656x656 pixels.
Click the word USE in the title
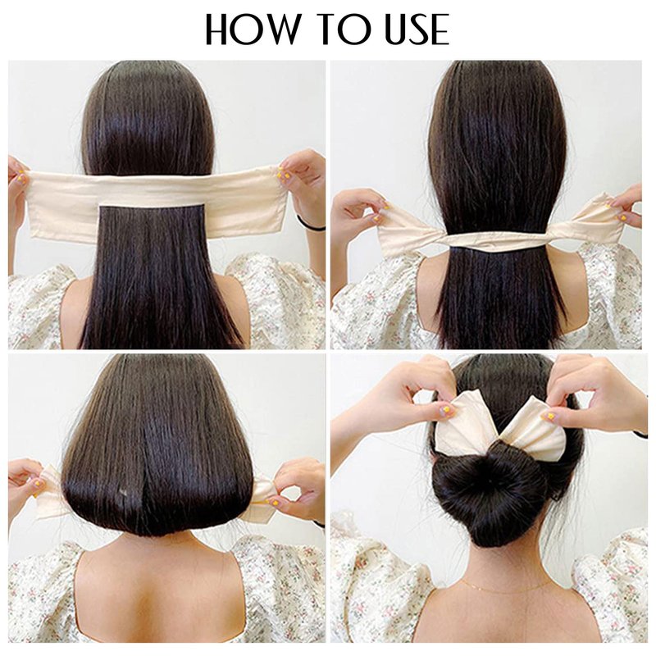pos(417,29)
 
